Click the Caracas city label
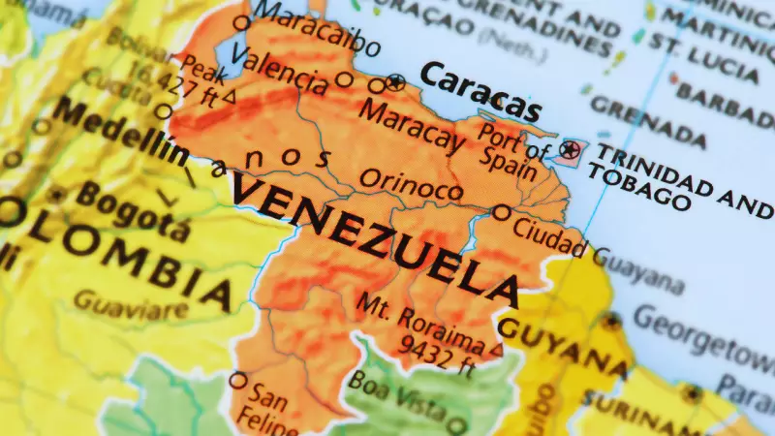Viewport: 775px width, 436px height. [480, 91]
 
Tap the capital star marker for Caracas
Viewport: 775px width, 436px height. [394, 81]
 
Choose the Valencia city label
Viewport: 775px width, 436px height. [280, 73]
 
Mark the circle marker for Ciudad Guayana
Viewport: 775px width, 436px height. [502, 212]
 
